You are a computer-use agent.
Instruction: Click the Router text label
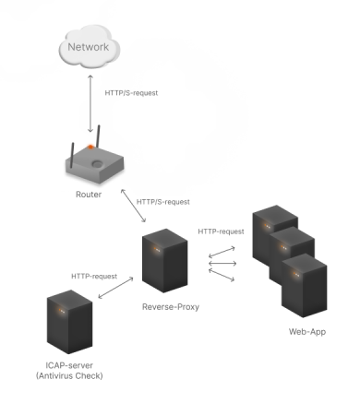[89, 195]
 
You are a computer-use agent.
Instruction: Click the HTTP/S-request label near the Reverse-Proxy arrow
[162, 201]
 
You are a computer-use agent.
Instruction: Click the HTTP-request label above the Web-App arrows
[221, 231]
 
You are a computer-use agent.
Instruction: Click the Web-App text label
[306, 331]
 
